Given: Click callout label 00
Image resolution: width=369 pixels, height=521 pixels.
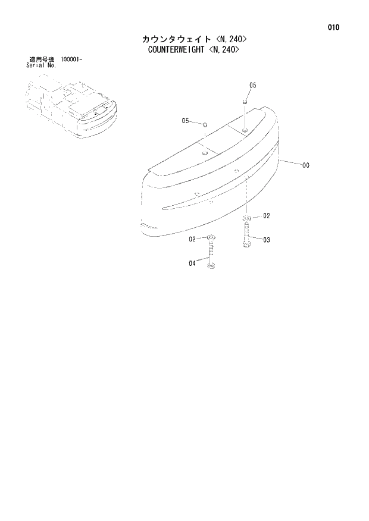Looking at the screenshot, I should click(306, 166).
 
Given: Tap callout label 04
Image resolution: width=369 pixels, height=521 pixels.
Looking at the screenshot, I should click(192, 262).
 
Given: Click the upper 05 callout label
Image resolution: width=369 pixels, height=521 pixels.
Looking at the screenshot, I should click(252, 86).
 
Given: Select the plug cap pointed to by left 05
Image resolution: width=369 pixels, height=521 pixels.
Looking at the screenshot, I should click(204, 125).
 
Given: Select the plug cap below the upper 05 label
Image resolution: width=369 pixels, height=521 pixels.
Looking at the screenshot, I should click(244, 102).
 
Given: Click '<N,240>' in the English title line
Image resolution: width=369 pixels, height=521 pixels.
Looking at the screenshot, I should click(224, 50).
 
